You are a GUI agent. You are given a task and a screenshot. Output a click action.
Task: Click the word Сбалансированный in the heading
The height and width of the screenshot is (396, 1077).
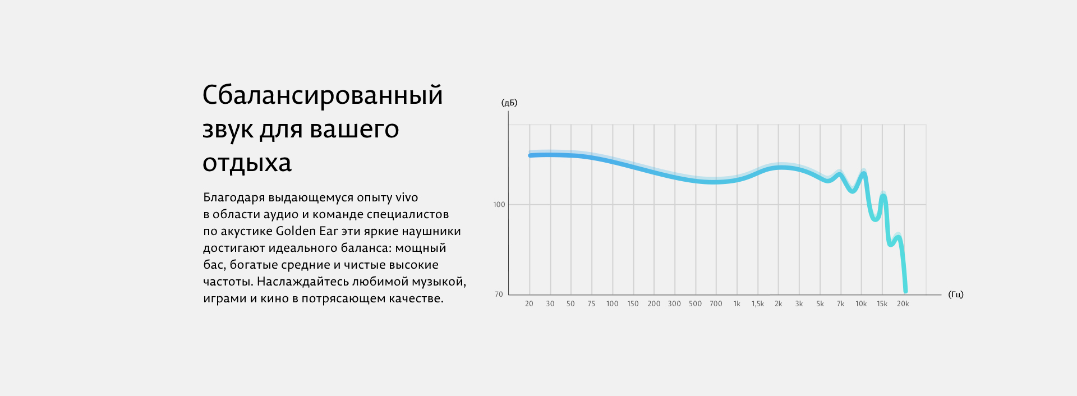pyautogui.click(x=323, y=96)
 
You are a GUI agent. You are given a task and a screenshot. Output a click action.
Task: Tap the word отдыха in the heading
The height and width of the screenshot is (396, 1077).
pyautogui.click(x=247, y=163)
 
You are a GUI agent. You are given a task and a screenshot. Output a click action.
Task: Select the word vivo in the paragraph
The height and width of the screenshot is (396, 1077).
pyautogui.click(x=407, y=197)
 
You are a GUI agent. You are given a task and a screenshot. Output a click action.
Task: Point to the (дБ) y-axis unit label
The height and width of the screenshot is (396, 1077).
pyautogui.click(x=509, y=103)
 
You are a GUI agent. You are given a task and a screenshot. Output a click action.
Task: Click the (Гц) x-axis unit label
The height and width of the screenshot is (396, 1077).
pyautogui.click(x=956, y=294)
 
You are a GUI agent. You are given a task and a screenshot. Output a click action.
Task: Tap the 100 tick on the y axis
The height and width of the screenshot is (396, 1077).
pyautogui.click(x=499, y=205)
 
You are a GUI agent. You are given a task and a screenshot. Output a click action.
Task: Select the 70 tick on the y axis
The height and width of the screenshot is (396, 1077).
pyautogui.click(x=499, y=294)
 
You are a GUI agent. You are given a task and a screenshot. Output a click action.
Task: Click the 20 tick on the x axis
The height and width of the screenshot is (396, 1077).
pyautogui.click(x=529, y=304)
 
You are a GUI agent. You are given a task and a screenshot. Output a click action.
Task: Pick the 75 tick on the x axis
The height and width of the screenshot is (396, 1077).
pyautogui.click(x=591, y=304)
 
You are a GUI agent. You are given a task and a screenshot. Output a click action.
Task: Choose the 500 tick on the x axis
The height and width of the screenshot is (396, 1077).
pyautogui.click(x=695, y=304)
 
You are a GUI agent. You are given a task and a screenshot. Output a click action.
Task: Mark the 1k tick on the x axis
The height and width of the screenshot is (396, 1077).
pyautogui.click(x=737, y=304)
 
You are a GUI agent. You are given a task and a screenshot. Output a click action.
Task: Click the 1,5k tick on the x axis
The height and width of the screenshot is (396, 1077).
pyautogui.click(x=758, y=304)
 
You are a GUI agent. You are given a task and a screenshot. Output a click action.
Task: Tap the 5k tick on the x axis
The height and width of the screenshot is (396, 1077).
pyautogui.click(x=820, y=304)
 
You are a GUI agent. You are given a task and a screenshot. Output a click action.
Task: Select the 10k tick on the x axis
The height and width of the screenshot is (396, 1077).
pyautogui.click(x=861, y=304)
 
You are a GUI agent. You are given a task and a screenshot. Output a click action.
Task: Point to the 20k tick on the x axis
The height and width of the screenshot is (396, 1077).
pyautogui.click(x=903, y=304)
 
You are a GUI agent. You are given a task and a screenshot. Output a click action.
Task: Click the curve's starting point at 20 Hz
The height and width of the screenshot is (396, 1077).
pyautogui.click(x=530, y=155)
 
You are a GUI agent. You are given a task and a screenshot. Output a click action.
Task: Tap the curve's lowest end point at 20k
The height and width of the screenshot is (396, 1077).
pyautogui.click(x=905, y=291)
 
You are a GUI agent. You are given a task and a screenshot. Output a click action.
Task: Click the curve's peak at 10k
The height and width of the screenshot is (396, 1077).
pyautogui.click(x=864, y=173)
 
